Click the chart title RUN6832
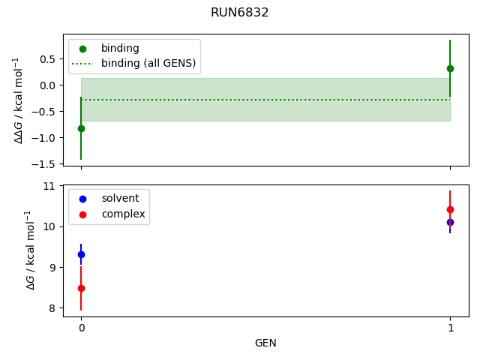[240, 13]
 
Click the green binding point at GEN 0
[81, 128]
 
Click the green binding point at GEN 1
[450, 68]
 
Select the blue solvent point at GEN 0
[81, 255]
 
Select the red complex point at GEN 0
[81, 288]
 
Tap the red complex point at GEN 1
[450, 210]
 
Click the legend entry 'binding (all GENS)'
[148, 63]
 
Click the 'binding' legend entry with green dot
[120, 49]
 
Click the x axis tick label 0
[81, 328]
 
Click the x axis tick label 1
[450, 328]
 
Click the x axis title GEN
[265, 343]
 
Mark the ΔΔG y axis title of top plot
[20, 100]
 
